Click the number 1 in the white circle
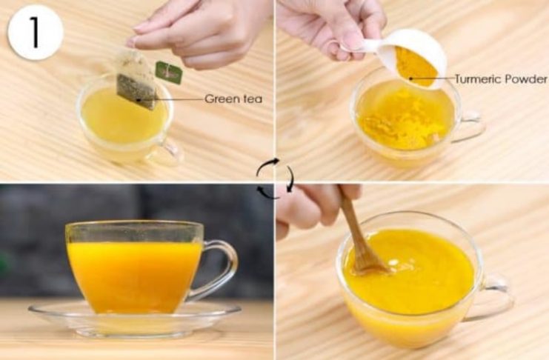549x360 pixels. tap(35, 32)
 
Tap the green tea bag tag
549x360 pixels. tap(169, 73)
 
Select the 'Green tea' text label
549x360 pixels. tap(233, 99)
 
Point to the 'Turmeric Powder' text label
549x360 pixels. tap(501, 79)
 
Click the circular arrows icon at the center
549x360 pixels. tap(275, 178)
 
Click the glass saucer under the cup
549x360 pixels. tap(135, 319)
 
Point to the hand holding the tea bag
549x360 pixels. tap(196, 32)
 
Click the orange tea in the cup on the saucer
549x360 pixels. tap(135, 276)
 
